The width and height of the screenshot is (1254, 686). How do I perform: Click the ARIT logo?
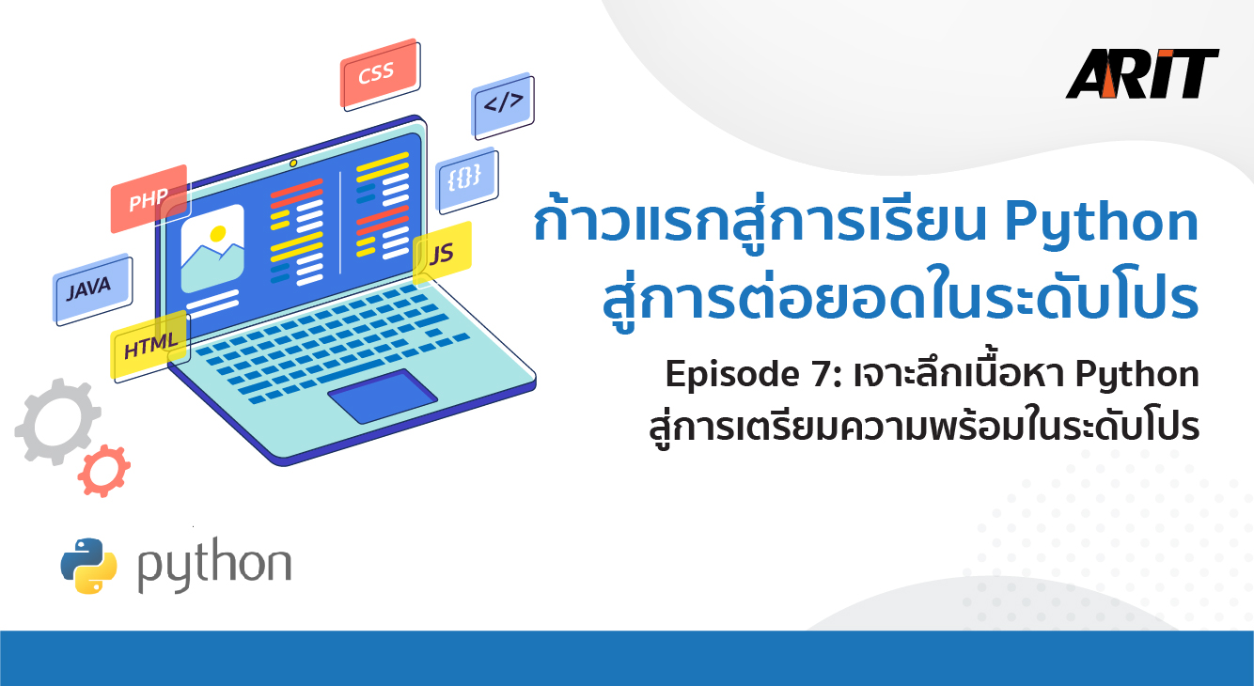1142,74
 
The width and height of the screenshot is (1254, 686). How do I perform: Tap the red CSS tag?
380,74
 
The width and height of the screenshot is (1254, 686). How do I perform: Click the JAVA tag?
92,289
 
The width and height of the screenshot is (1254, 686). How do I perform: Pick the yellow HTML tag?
150,346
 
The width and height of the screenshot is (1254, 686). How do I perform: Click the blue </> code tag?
503,104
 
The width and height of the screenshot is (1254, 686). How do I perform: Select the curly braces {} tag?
467,179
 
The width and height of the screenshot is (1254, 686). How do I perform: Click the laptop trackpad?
383,396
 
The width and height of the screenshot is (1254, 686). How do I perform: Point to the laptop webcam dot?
292,163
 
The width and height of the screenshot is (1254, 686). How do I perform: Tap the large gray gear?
57,422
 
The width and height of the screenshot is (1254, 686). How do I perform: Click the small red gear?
104,471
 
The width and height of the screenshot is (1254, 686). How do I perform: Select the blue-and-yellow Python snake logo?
89,566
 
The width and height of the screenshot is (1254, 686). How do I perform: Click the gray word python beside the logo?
214,565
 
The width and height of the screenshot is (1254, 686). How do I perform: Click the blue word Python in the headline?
1101,223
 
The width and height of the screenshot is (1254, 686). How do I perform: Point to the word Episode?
732,374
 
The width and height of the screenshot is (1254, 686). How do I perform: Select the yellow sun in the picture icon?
217,233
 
